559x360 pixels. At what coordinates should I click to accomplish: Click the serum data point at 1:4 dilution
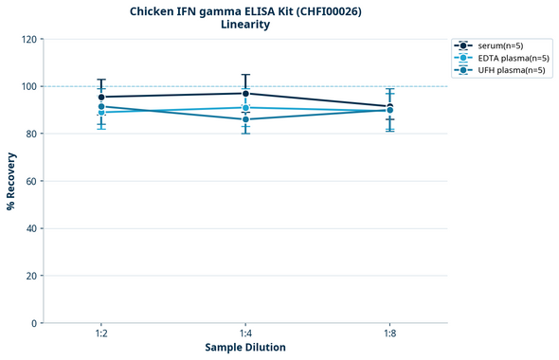(x=245, y=93)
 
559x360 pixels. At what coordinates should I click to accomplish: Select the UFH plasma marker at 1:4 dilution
(x=245, y=119)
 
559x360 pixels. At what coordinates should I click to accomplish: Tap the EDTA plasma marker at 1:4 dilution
(x=245, y=108)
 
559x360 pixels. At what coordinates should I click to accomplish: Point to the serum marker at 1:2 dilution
(x=101, y=97)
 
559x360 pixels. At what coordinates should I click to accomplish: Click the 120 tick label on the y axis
(x=27, y=39)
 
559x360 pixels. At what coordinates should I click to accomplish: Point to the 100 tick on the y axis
(x=27, y=86)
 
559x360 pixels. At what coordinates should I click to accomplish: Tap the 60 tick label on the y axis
(x=30, y=181)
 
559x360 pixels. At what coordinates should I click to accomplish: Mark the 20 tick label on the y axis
(x=30, y=276)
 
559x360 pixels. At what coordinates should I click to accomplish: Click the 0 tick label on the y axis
(x=33, y=323)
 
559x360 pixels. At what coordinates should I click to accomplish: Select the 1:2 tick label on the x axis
(x=101, y=334)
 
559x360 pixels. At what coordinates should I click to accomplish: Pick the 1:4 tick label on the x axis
(x=245, y=334)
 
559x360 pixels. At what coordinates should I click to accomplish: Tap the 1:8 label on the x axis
(x=389, y=334)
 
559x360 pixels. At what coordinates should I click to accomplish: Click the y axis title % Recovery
(x=11, y=181)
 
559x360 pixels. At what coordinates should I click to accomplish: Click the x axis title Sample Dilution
(x=245, y=348)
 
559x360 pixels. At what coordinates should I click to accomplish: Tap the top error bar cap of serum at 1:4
(x=245, y=75)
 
